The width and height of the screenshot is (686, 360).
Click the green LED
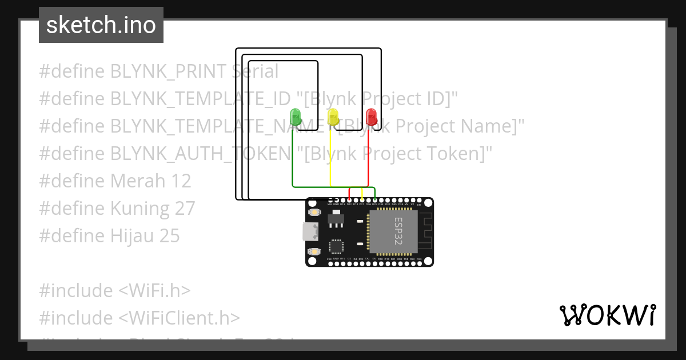point(296,117)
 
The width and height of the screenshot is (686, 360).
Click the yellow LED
point(333,117)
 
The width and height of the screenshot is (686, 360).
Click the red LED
point(371,117)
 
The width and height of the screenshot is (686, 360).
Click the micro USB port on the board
point(309,232)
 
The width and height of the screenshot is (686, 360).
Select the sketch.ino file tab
point(101,25)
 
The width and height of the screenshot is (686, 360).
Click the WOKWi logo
point(607,315)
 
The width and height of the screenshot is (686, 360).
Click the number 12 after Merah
point(181,181)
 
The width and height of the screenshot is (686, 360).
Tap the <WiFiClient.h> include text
point(179,318)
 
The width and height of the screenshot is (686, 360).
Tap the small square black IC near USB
point(336,247)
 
